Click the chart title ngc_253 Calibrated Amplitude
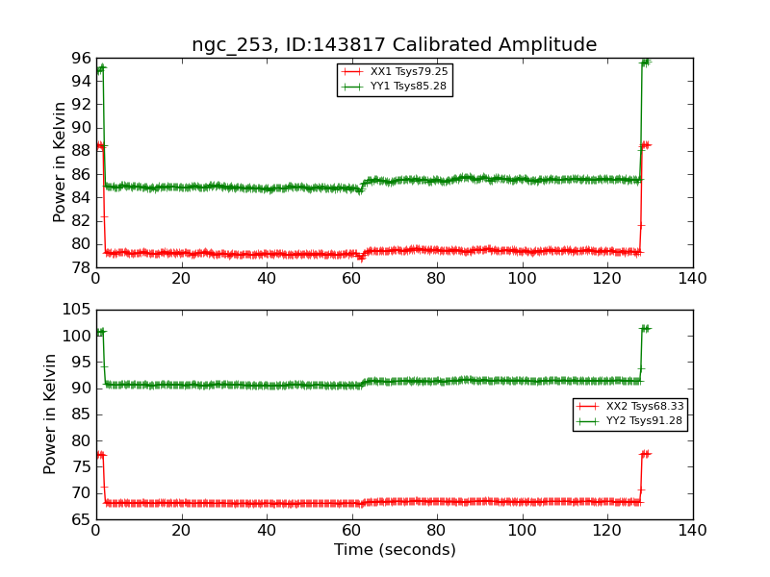(x=394, y=45)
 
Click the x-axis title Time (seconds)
(x=395, y=550)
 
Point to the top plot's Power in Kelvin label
(x=60, y=163)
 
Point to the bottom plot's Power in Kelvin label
(x=50, y=414)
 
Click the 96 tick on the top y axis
(x=81, y=58)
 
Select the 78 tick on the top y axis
(x=81, y=267)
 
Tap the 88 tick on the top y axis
(x=81, y=151)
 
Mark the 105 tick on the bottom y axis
(x=77, y=310)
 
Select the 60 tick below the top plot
(x=351, y=279)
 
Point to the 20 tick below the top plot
(x=181, y=279)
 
